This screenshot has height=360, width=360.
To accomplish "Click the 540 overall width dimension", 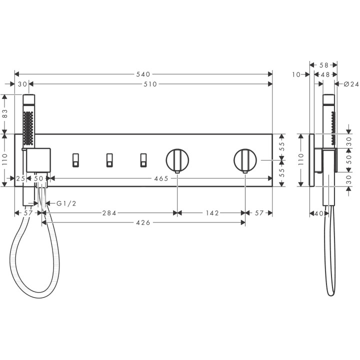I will [x=143, y=74].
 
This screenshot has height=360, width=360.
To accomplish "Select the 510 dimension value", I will [x=150, y=84].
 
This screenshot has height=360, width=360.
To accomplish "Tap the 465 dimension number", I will [x=160, y=178].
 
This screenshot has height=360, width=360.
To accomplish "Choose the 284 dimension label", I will [x=109, y=213].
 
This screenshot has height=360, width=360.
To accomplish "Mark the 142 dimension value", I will [x=211, y=213].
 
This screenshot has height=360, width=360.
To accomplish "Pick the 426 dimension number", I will [x=143, y=222].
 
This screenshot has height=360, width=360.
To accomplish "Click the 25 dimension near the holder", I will [x=20, y=178].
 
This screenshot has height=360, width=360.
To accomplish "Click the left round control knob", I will [x=177, y=160].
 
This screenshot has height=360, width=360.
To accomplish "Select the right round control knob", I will [x=245, y=160].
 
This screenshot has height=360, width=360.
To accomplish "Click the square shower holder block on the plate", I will [x=38, y=159].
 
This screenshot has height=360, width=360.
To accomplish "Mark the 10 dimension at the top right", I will [x=296, y=74].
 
